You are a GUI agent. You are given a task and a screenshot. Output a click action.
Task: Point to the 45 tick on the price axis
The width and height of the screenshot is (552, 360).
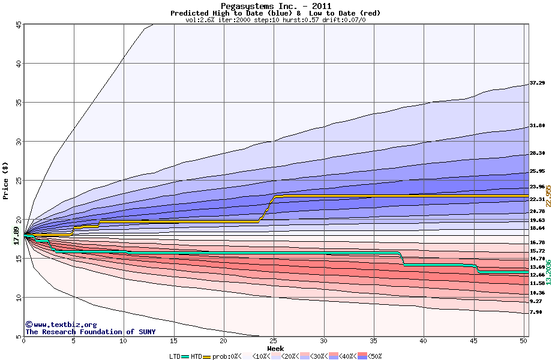18,25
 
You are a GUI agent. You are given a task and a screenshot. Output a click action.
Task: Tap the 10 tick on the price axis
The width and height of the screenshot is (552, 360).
18,298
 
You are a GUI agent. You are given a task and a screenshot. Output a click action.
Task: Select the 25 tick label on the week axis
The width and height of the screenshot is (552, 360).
274,341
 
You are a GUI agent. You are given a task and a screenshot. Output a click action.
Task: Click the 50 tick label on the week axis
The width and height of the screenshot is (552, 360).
524,341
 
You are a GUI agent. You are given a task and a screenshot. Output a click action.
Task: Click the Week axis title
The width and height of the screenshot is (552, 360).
275,349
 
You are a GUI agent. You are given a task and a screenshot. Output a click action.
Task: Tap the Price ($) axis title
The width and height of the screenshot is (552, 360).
6,181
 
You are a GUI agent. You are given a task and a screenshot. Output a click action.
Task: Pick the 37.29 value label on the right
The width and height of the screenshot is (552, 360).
536,83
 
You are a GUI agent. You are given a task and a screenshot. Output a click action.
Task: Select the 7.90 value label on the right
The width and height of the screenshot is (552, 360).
536,313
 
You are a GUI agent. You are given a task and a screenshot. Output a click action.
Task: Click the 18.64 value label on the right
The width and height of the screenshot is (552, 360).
536,229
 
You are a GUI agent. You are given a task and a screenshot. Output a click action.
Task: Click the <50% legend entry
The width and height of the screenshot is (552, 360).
373,356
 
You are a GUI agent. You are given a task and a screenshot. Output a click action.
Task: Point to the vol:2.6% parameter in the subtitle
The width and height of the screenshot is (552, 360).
203,20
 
